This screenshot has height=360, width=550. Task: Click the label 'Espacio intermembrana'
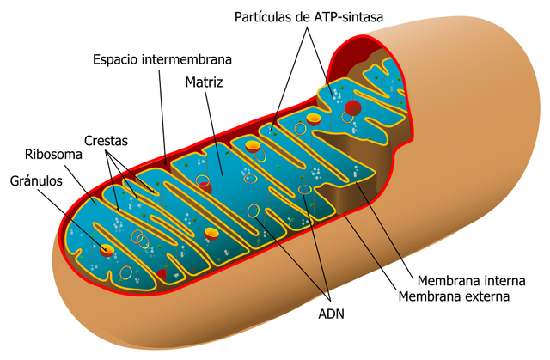[162, 60]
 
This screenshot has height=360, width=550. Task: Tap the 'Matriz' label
[204, 83]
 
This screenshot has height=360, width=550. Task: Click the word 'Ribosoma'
[52, 156]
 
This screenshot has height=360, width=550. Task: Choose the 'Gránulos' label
[37, 181]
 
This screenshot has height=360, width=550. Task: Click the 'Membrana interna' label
[470, 281]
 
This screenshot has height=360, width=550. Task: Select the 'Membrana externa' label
[455, 296]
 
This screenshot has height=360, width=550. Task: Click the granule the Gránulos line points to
[106, 249]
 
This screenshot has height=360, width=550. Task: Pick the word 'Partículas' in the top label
[262, 17]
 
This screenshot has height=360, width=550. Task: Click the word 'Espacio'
[117, 60]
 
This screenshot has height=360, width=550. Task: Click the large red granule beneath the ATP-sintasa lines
[352, 108]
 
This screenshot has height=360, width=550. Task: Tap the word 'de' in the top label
[302, 17]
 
